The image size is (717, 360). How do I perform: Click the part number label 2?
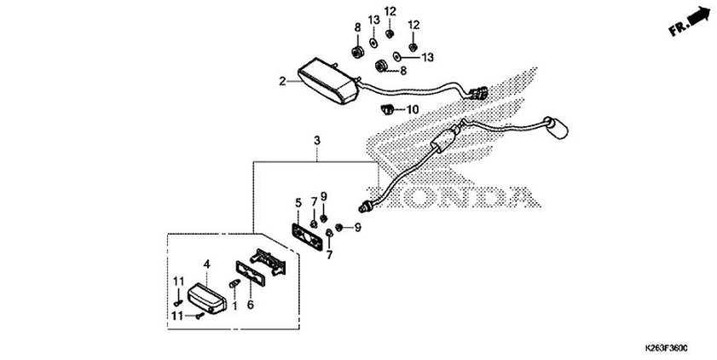tap(281, 82)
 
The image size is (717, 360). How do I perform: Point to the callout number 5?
tap(298, 203)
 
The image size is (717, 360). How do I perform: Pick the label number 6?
tap(250, 304)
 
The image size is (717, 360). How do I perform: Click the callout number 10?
tap(412, 110)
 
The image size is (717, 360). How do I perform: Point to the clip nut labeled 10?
tap(387, 109)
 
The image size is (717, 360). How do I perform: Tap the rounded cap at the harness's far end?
tap(559, 131)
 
